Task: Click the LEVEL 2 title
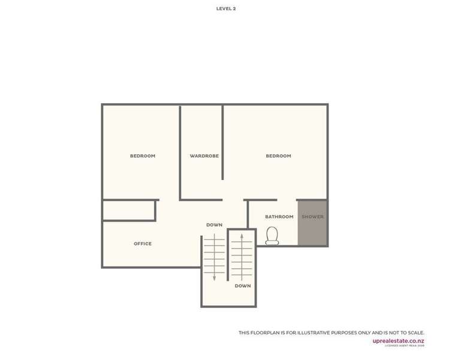tap(226, 9)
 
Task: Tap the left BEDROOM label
tap(143, 156)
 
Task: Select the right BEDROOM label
tap(278, 156)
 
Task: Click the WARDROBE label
tap(204, 156)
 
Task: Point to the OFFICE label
tap(143, 244)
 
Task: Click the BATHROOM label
tap(279, 217)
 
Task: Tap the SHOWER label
tap(312, 217)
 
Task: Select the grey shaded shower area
tap(312, 231)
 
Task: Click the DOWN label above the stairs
tap(214, 225)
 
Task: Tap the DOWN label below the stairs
tap(243, 286)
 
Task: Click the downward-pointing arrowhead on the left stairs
tap(214, 278)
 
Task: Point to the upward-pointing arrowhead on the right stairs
tap(242, 236)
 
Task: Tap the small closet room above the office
tap(128, 210)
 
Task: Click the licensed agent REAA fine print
tap(404, 346)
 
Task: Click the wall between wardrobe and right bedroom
tap(222, 142)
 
